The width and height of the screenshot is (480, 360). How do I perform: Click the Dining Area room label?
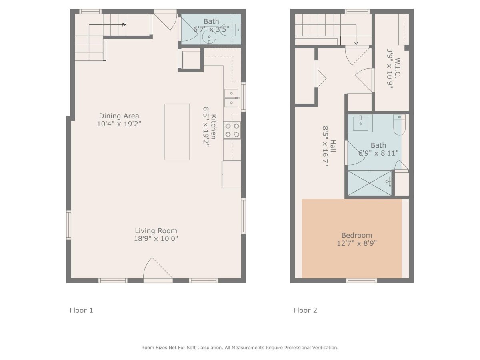[x=119, y=116]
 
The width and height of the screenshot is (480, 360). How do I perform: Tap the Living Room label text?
[x=156, y=231]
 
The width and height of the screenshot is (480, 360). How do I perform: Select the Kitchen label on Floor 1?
[x=214, y=126]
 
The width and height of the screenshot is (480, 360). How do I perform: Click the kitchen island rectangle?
[x=177, y=132]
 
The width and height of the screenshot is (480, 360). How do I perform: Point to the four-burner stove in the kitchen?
[x=232, y=130]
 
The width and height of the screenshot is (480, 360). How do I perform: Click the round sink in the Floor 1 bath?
[x=209, y=37]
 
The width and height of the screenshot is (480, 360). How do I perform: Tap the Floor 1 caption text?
[x=81, y=310]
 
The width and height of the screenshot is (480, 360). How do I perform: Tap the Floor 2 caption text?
[x=305, y=310]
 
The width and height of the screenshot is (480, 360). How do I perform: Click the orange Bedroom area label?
[x=357, y=235]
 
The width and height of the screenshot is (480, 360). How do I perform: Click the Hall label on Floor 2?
[x=333, y=146]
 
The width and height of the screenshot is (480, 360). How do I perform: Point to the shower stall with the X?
[x=369, y=183]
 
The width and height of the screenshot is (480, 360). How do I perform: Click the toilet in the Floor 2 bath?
[x=399, y=124]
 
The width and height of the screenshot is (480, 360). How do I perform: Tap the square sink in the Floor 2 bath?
[x=360, y=124]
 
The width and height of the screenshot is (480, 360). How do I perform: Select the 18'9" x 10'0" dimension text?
[x=156, y=238]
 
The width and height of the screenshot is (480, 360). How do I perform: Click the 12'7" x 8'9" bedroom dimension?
[x=357, y=243]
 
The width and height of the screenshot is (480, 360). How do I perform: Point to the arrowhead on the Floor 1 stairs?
[x=124, y=25]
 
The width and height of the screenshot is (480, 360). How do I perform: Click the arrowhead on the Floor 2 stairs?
[x=356, y=43]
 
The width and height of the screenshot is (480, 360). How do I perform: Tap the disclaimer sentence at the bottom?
[x=240, y=348]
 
